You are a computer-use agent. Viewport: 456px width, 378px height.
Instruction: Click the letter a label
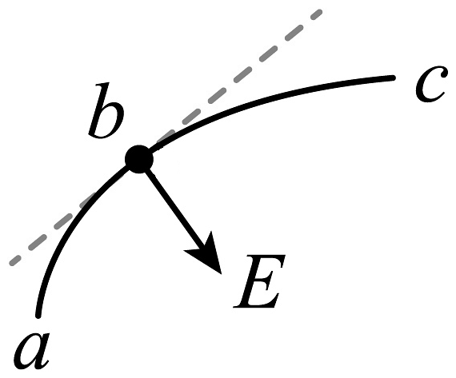click(x=32, y=351)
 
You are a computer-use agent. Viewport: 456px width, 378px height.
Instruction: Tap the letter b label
click(x=106, y=109)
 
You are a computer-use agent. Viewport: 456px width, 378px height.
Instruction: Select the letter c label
click(x=430, y=84)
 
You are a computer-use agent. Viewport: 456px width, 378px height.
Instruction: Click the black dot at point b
click(x=139, y=159)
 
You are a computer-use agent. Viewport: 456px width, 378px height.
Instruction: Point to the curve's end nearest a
click(x=38, y=316)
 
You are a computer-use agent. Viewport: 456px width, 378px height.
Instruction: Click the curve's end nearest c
click(x=393, y=78)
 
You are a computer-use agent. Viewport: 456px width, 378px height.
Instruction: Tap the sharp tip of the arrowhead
click(x=222, y=274)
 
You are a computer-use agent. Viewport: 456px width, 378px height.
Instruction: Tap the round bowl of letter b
click(x=111, y=120)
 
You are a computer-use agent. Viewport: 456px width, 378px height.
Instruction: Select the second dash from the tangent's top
click(x=294, y=32)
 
